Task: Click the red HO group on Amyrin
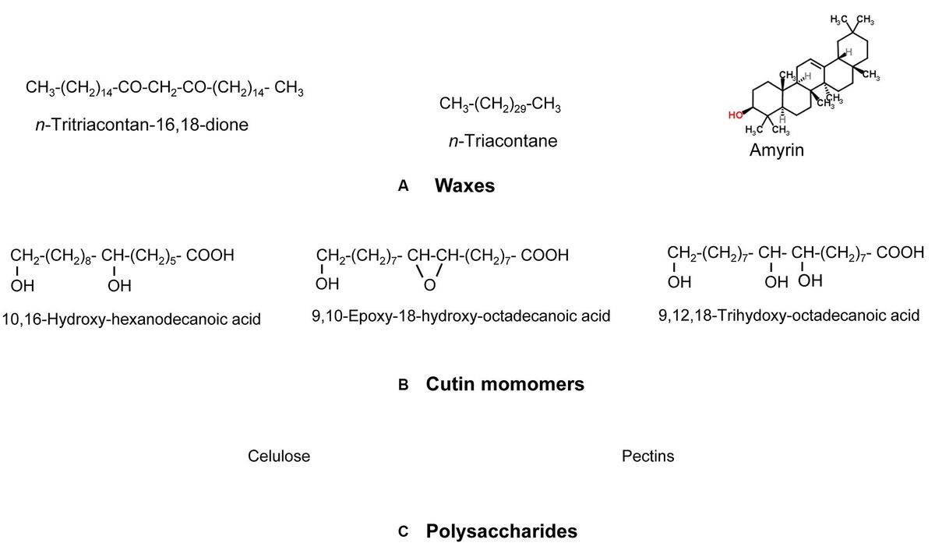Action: pyautogui.click(x=733, y=115)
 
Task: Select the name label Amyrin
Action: pyautogui.click(x=776, y=151)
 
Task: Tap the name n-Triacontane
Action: pyautogui.click(x=498, y=142)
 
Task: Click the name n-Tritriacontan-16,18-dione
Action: pyautogui.click(x=143, y=124)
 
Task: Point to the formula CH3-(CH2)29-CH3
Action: pyautogui.click(x=500, y=104)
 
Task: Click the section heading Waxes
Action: pyautogui.click(x=464, y=186)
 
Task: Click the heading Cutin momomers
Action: pyautogui.click(x=505, y=384)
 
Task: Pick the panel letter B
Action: pyautogui.click(x=403, y=384)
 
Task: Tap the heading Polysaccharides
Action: pyautogui.click(x=502, y=532)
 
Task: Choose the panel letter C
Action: pyautogui.click(x=403, y=532)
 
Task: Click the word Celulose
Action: pyautogui.click(x=279, y=457)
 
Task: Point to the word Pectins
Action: pyautogui.click(x=648, y=457)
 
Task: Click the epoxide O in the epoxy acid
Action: pyautogui.click(x=426, y=286)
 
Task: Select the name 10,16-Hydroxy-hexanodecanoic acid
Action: pyautogui.click(x=132, y=319)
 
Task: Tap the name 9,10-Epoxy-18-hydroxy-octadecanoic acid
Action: pyautogui.click(x=460, y=316)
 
